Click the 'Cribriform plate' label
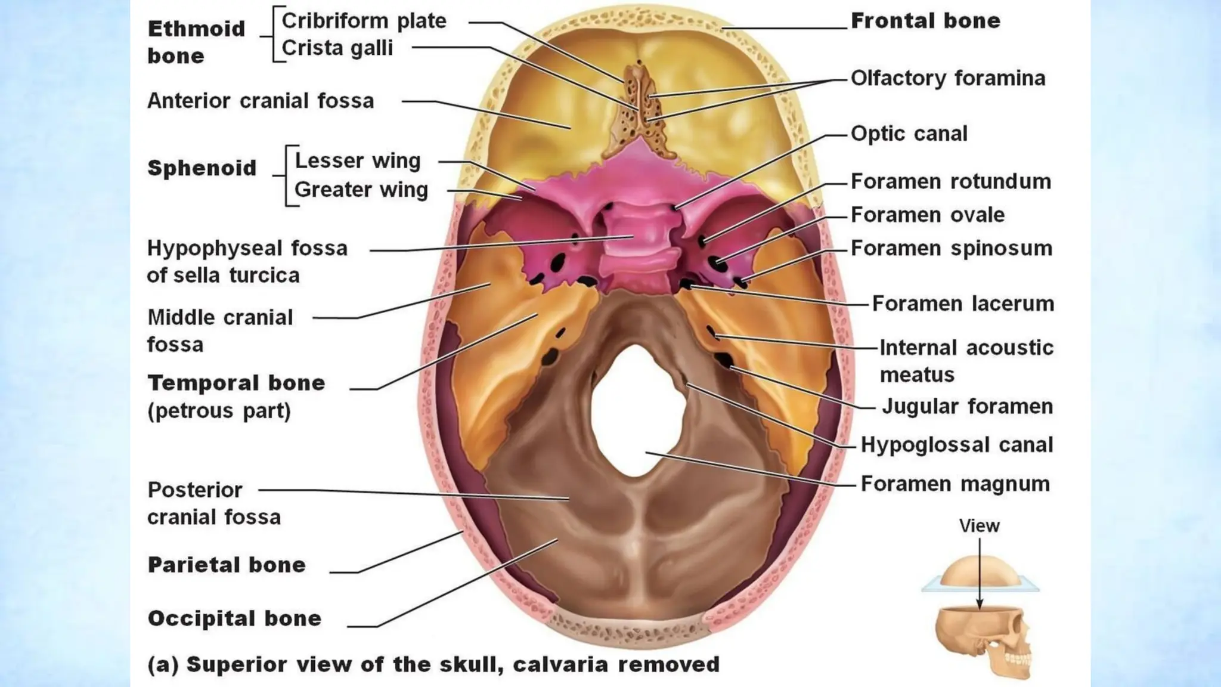[364, 21]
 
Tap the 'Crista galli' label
[337, 48]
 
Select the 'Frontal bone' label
[925, 21]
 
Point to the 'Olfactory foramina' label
[948, 78]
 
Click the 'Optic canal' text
[909, 134]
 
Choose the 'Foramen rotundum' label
[950, 181]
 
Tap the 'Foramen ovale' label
[928, 215]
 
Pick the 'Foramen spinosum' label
[952, 248]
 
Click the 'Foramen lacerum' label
[963, 304]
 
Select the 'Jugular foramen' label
[967, 407]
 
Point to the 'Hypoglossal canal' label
[957, 445]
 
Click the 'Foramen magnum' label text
[955, 484]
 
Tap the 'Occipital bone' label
[234, 618]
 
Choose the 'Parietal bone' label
[227, 565]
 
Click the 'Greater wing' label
[361, 190]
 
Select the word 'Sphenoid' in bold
[202, 168]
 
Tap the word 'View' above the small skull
[979, 526]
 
